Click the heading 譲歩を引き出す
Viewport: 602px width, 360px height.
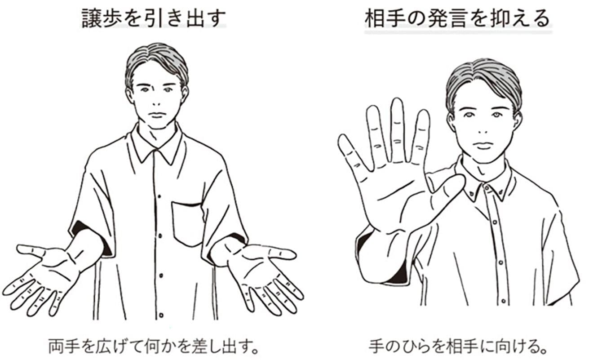tap(154, 18)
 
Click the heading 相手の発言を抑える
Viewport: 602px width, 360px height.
tap(457, 19)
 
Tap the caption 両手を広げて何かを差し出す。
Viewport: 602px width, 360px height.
tap(154, 347)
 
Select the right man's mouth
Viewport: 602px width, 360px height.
tap(482, 146)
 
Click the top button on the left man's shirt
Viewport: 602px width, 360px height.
tap(159, 196)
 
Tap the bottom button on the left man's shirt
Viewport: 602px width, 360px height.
tap(161, 315)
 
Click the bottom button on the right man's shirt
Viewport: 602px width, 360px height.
tap(503, 301)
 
